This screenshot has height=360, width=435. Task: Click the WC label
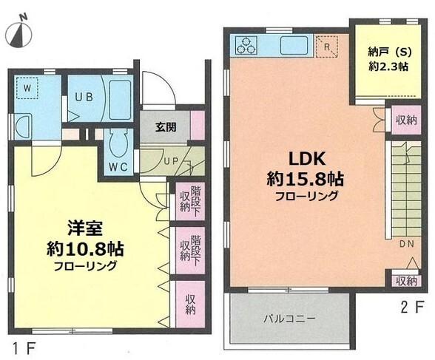click(x=119, y=166)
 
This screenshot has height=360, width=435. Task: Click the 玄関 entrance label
click(x=166, y=126)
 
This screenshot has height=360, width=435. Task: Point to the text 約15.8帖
click(x=307, y=179)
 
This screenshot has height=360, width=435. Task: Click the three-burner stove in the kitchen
click(x=246, y=45)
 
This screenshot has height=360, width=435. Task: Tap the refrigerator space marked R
click(x=327, y=47)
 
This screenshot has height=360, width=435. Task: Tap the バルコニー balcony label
click(x=291, y=319)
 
